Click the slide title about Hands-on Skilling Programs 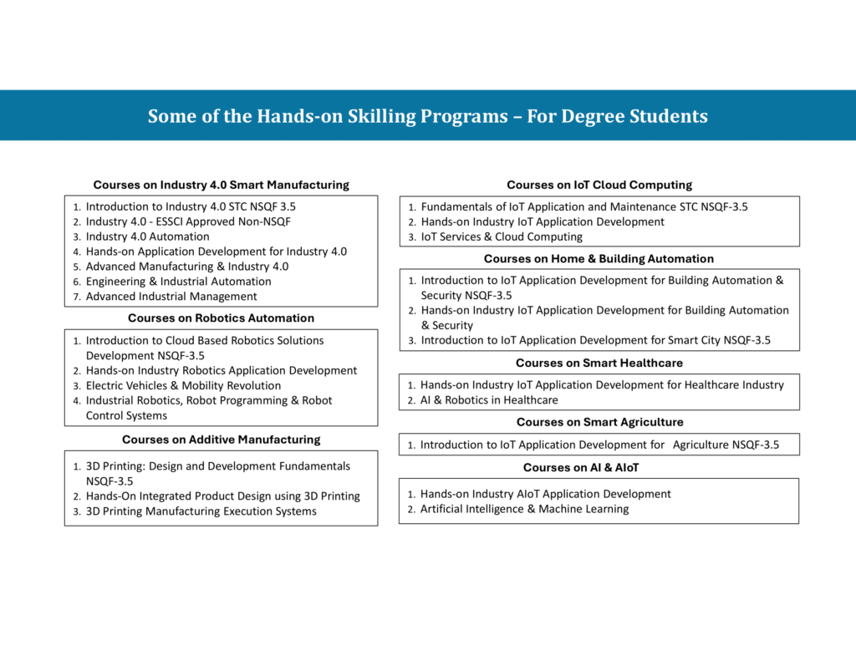tap(427, 116)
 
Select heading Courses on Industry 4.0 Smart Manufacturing tap(221, 185)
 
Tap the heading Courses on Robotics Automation tap(221, 318)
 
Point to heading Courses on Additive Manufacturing tap(221, 439)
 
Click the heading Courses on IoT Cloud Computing tap(599, 185)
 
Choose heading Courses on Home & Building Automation tap(599, 258)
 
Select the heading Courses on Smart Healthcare tap(599, 363)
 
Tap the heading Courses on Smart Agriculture tap(599, 422)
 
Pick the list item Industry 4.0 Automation tap(147, 236)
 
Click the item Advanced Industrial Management tap(171, 297)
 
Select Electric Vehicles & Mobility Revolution tap(183, 386)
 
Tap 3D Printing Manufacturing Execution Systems tap(201, 511)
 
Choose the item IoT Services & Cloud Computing tap(502, 236)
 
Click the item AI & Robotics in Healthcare tap(489, 400)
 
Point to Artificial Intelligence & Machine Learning tap(524, 509)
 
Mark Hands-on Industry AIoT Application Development tap(545, 494)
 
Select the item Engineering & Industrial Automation tap(178, 282)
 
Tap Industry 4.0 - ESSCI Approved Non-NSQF tap(188, 221)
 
